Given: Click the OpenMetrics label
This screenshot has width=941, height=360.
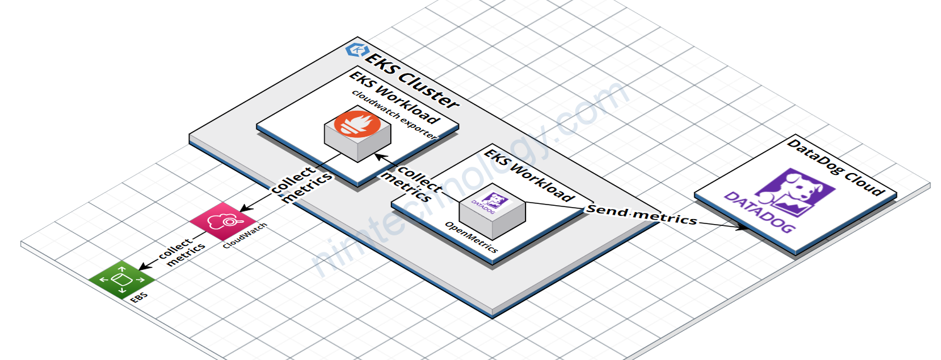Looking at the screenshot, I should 472,237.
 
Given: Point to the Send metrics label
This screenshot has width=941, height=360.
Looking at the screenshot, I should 642,215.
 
